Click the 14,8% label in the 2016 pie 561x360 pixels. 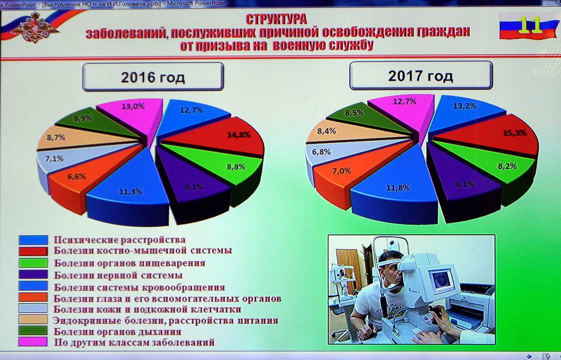click(239, 135)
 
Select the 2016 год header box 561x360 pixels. click(153, 77)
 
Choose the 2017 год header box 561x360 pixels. click(421, 76)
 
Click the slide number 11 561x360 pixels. click(531, 26)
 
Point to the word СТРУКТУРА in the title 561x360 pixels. click(276, 19)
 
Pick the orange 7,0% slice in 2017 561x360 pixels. click(351, 175)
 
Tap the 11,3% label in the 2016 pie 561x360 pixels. click(130, 192)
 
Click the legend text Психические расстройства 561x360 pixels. click(120, 240)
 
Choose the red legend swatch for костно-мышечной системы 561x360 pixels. click(33, 251)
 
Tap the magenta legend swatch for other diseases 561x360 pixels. click(33, 342)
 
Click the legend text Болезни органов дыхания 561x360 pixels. click(117, 331)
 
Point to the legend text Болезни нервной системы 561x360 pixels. click(118, 275)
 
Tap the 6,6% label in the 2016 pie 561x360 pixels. click(76, 176)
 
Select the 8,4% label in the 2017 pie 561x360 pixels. click(327, 131)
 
